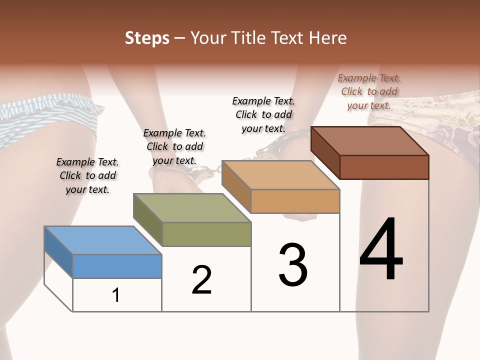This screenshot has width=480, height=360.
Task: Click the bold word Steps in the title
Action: pyautogui.click(x=147, y=38)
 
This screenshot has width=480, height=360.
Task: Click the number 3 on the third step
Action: pyautogui.click(x=292, y=265)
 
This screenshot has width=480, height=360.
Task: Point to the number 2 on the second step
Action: pyautogui.click(x=201, y=280)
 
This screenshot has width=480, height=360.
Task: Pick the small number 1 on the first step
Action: pyautogui.click(x=116, y=295)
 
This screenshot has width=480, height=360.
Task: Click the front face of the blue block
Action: pyautogui.click(x=117, y=266)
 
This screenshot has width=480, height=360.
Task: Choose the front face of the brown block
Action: pyautogui.click(x=384, y=167)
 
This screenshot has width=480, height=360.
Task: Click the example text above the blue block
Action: pyautogui.click(x=87, y=175)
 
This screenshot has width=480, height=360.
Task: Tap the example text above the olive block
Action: pyautogui.click(x=174, y=146)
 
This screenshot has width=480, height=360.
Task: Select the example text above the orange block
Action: pyautogui.click(x=263, y=114)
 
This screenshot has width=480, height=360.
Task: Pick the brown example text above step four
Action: pyautogui.click(x=369, y=91)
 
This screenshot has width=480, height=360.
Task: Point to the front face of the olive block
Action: pyautogui.click(x=206, y=234)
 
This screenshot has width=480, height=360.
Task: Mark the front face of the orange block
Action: pyautogui.click(x=295, y=201)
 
